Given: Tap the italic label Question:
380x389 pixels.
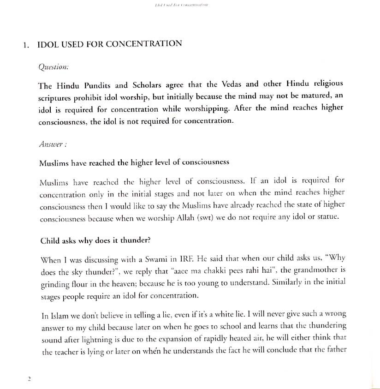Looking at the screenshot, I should coord(53,66).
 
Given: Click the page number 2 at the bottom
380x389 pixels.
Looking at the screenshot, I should coord(29,379).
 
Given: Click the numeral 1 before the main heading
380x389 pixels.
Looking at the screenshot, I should coord(27,45).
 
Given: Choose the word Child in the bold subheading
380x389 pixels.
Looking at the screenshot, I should coord(49,240).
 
